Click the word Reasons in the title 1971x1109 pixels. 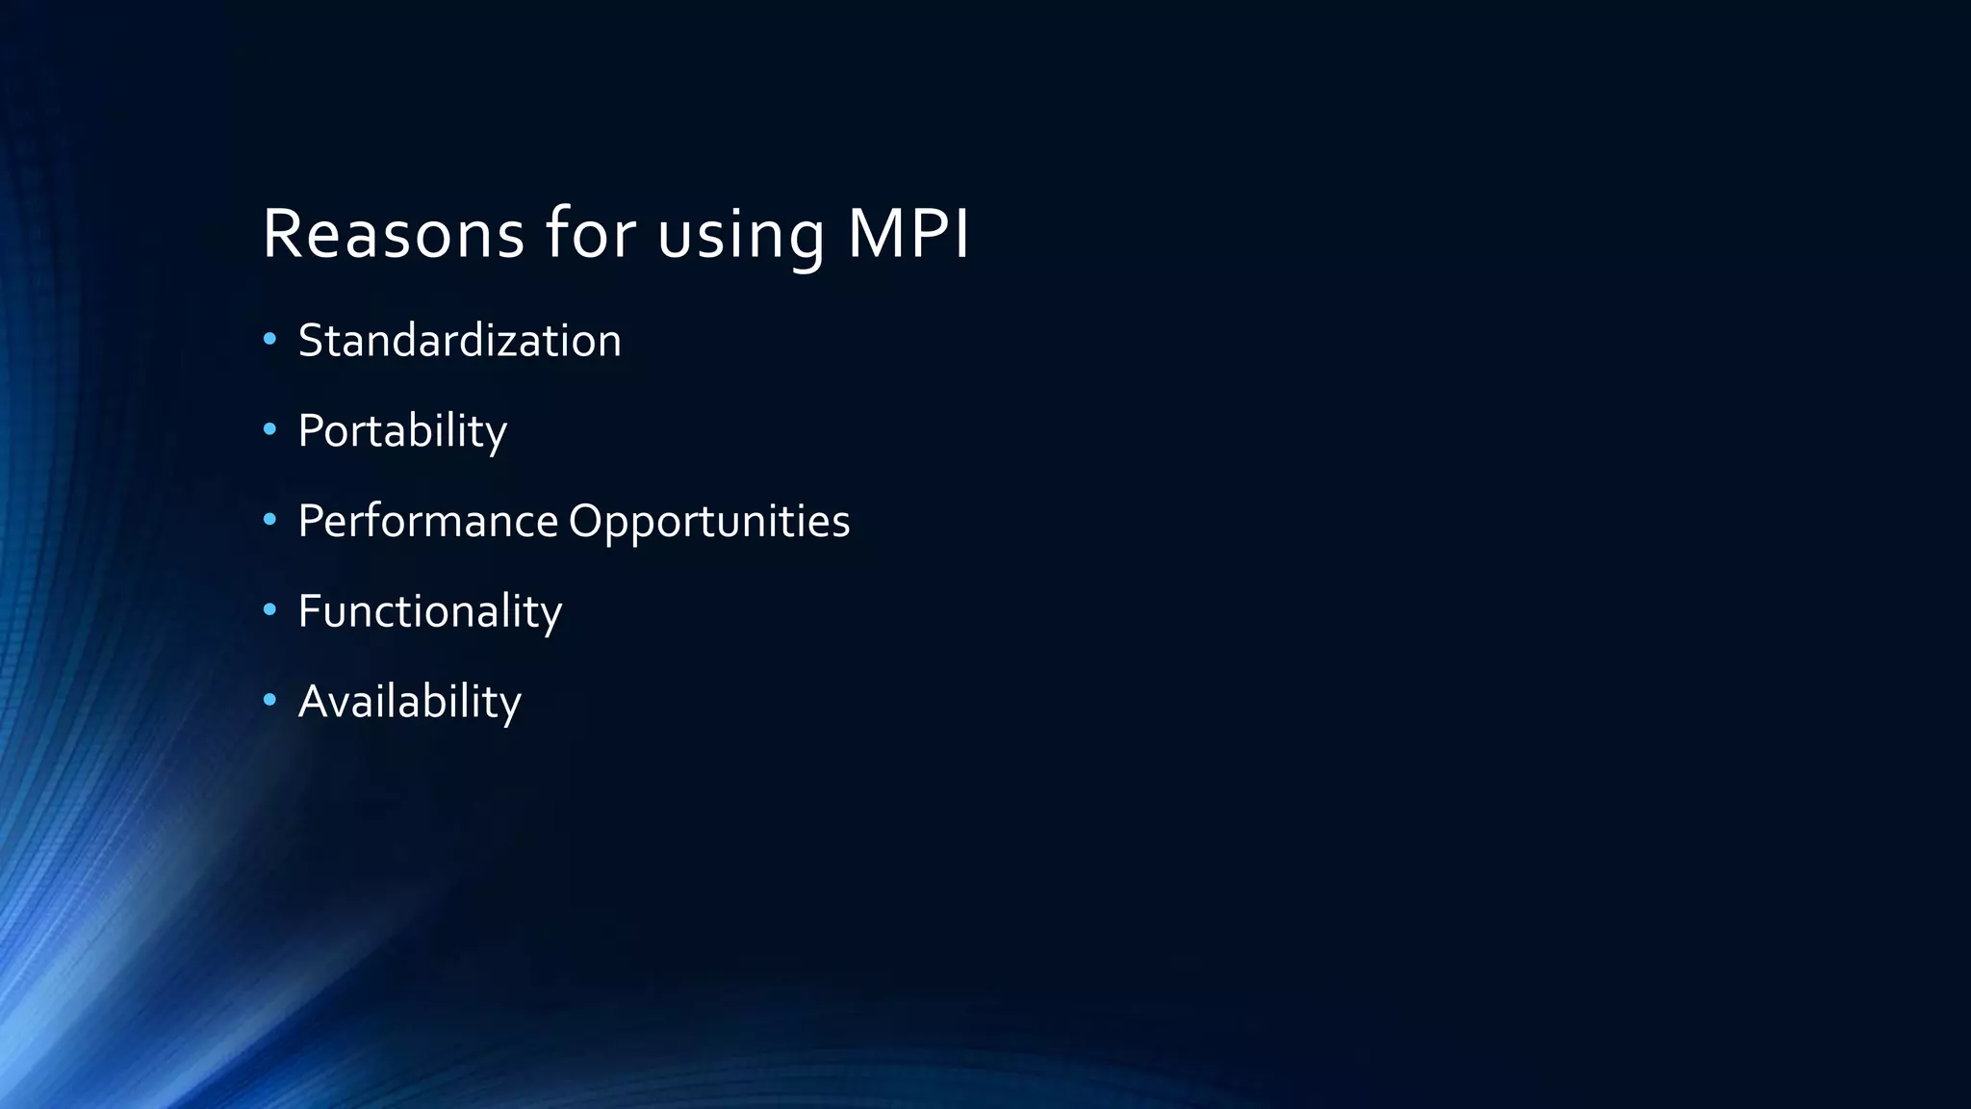[394, 234]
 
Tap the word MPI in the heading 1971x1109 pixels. [908, 234]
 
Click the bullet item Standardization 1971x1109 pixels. [459, 341]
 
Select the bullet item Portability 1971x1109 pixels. [402, 431]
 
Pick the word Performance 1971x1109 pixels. [427, 522]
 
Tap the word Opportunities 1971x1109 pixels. [709, 522]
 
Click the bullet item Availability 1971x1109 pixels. [409, 702]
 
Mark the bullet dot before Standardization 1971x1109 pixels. [269, 339]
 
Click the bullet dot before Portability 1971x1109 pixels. [269, 429]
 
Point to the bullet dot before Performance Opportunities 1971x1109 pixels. [269, 520]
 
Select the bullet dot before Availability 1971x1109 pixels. [269, 700]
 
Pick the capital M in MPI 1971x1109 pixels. [874, 234]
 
